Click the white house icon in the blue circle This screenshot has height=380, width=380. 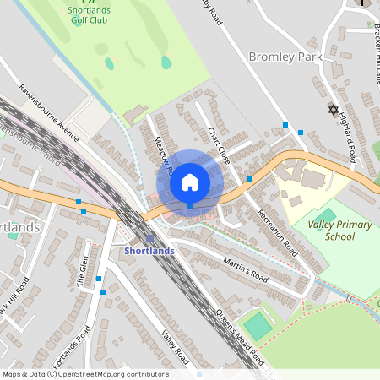click(190, 182)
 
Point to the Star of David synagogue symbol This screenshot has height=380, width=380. click(332, 110)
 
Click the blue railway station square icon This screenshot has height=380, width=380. click(150, 238)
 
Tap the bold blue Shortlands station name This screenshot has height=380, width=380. click(150, 251)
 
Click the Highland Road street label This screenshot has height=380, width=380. click(347, 142)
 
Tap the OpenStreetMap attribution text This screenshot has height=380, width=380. click(84, 373)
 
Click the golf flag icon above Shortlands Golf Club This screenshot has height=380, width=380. click(80, 3)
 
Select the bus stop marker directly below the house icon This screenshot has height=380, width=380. click(190, 206)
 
